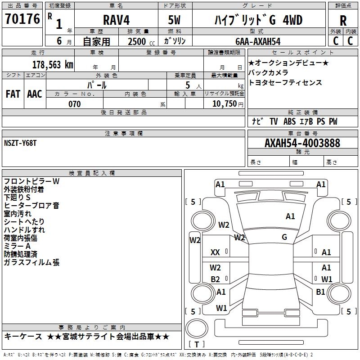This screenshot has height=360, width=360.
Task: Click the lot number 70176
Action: pyautogui.click(x=22, y=20)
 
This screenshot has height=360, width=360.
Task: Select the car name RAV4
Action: pyautogui.click(x=116, y=20)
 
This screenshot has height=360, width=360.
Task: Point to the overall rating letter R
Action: pyautogui.click(x=343, y=21)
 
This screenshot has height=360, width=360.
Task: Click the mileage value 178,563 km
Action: pyautogui.click(x=53, y=64)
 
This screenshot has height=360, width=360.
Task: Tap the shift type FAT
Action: pyautogui.click(x=13, y=94)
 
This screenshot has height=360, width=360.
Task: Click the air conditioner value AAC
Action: pyautogui.click(x=35, y=94)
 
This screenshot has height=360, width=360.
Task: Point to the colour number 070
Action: pyautogui.click(x=75, y=104)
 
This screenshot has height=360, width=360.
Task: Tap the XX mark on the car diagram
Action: pyautogui.click(x=215, y=253)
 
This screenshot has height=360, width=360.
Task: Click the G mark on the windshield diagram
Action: pyautogui.click(x=284, y=237)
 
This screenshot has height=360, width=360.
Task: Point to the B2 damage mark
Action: pyautogui.click(x=215, y=279)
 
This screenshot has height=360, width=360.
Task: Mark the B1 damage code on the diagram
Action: pyautogui.click(x=320, y=292)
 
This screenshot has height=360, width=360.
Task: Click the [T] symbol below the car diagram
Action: pyautogui.click(x=196, y=345)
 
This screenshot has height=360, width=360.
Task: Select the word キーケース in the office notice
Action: pyautogui.click(x=22, y=337)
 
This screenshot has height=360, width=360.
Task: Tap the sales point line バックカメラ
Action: pyautogui.click(x=268, y=72)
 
